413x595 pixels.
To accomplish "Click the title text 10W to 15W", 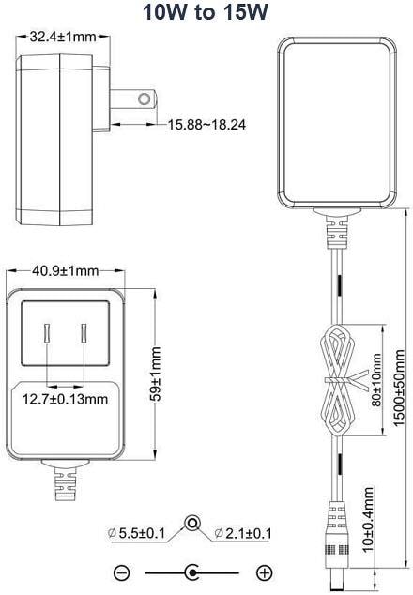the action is (x=205, y=12).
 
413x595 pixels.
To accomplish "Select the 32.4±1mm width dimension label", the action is (x=63, y=37).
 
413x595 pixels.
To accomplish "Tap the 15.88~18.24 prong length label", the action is (x=206, y=125).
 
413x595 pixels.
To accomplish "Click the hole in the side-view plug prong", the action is (x=145, y=99).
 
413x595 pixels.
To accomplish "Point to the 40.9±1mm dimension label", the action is (x=66, y=271).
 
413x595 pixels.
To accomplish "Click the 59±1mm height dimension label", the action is (x=156, y=374).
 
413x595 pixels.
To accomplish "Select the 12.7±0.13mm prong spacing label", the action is (x=66, y=399).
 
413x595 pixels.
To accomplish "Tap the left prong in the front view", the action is (x=47, y=333).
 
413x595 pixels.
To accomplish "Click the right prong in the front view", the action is (x=84, y=333).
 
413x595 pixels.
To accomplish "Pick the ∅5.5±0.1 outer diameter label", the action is (x=137, y=533).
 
